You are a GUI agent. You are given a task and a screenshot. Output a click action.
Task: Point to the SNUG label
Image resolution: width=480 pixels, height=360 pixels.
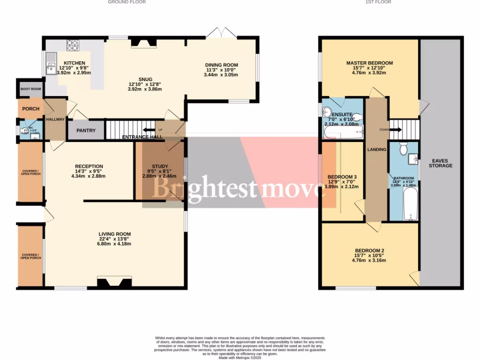145,79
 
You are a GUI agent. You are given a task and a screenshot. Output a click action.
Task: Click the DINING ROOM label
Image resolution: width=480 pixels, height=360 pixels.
221,65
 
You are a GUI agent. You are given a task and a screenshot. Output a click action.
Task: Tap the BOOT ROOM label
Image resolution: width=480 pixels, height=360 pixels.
30,89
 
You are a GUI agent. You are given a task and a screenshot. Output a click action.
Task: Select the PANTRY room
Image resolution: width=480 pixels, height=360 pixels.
86,131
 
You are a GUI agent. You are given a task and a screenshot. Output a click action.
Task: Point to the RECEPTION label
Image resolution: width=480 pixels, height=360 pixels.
89,166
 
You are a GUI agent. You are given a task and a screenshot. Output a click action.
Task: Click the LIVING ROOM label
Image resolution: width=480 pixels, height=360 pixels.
114,234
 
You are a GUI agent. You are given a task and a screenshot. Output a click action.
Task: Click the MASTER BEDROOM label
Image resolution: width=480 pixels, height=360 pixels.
369,63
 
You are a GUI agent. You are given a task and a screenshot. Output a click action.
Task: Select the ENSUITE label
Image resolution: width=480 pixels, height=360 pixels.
341,114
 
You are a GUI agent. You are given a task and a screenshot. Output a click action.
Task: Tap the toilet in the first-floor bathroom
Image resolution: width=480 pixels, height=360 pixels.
402,149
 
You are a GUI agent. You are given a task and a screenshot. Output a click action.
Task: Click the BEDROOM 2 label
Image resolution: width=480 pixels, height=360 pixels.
369,250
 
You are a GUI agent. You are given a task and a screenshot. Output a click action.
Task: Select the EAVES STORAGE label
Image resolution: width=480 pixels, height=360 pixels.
441,163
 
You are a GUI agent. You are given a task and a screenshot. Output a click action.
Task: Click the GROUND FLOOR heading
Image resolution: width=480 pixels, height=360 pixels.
127,2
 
